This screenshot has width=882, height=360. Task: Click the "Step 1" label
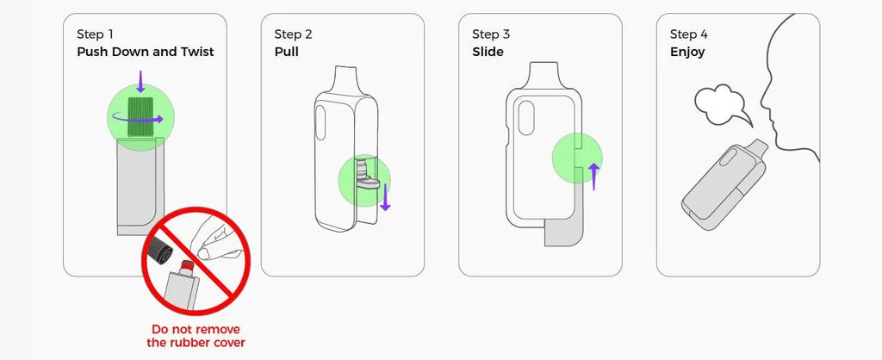point(95,34)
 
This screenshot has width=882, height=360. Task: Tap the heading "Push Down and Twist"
point(146,52)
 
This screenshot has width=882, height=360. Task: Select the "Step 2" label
point(293,34)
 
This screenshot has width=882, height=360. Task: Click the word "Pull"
point(286,52)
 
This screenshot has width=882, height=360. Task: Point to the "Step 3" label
point(491,34)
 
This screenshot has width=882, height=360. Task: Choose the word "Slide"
point(488,52)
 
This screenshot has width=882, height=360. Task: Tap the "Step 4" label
point(688,34)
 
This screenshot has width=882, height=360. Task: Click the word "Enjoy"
point(687,53)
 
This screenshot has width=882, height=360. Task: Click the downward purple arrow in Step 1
point(140,82)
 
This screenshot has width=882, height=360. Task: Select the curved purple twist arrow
point(138,120)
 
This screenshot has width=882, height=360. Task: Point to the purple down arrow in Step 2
point(385,196)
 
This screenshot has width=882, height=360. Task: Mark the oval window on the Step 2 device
point(321,122)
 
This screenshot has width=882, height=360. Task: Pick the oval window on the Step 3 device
point(526,118)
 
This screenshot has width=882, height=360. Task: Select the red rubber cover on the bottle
point(187,265)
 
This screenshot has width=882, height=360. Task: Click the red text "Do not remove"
point(196,330)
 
